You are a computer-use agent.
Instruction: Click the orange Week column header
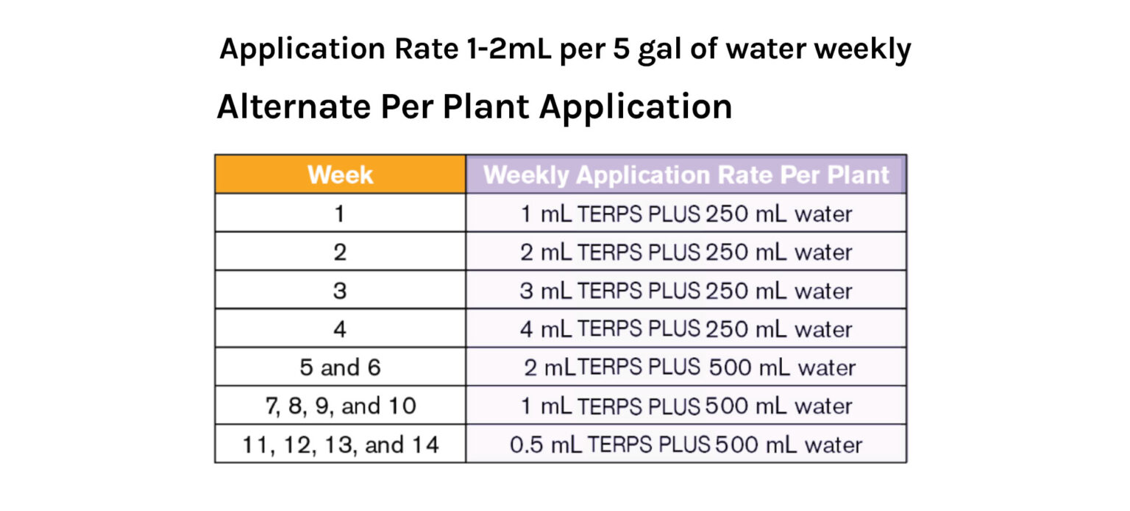click(x=340, y=175)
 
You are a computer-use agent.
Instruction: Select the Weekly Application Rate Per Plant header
click(x=686, y=175)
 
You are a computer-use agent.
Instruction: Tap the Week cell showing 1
click(x=340, y=214)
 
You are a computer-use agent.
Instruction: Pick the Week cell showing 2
click(x=340, y=252)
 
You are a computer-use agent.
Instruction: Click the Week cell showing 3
click(x=340, y=290)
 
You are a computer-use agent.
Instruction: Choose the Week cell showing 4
click(x=340, y=328)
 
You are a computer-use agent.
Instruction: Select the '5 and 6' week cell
click(x=340, y=367)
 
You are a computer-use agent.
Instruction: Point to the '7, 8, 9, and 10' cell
click(x=340, y=406)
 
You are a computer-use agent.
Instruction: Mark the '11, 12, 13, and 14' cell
click(x=340, y=445)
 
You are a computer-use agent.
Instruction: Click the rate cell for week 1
click(x=686, y=214)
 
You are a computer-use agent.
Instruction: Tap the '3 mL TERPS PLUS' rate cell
click(x=686, y=290)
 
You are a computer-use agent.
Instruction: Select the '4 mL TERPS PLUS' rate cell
click(x=686, y=328)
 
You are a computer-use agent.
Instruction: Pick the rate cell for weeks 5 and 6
click(x=686, y=367)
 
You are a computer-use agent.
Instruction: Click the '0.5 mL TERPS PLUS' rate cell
click(x=686, y=445)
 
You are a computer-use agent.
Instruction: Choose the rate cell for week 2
click(x=686, y=252)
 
